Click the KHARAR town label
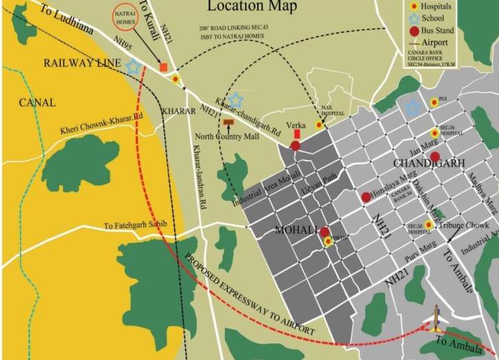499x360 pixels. tap(179, 110)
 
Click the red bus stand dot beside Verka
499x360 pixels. tap(295, 146)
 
